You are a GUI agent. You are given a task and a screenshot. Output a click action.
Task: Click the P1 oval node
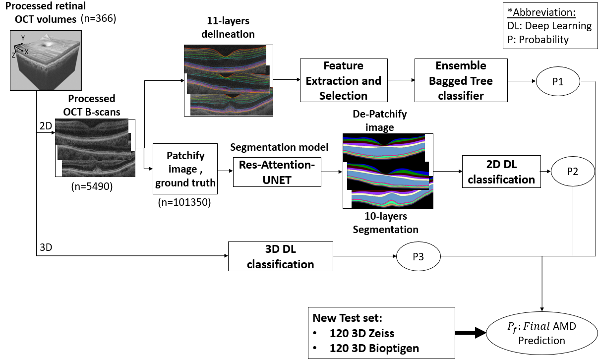[558, 80]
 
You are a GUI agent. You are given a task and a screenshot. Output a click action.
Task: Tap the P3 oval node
[419, 256]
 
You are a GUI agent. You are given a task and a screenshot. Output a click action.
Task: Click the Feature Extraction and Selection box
[343, 80]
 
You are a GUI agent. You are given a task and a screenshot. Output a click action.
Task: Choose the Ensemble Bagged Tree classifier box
[461, 80]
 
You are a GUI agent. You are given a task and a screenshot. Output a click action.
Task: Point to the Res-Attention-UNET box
[276, 172]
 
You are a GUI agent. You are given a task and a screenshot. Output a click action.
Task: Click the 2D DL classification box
[501, 172]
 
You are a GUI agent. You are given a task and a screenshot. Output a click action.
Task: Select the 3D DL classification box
[280, 256]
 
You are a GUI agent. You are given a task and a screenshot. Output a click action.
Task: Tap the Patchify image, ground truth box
[185, 169]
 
